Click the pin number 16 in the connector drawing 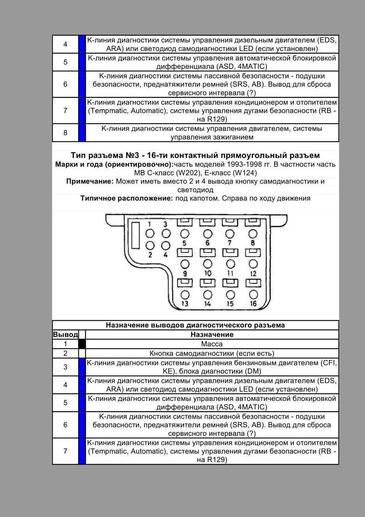pyautogui.click(x=253, y=303)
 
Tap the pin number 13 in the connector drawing pyautogui.click(x=185, y=303)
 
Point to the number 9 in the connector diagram pyautogui.click(x=185, y=273)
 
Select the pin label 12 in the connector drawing pyautogui.click(x=253, y=273)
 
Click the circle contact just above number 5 pyautogui.click(x=185, y=233)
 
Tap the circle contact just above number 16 pyautogui.click(x=253, y=294)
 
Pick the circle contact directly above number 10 pyautogui.click(x=208, y=264)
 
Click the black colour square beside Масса pyautogui.click(x=82, y=344)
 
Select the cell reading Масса pyautogui.click(x=212, y=344)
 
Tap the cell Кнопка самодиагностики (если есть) pyautogui.click(x=212, y=353)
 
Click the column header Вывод pyautogui.click(x=65, y=335)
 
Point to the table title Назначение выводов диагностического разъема pyautogui.click(x=195, y=325)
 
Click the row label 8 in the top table pyautogui.click(x=65, y=132)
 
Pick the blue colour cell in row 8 pyautogui.click(x=82, y=132)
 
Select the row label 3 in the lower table pyautogui.click(x=65, y=367)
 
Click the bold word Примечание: pyautogui.click(x=90, y=181)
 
